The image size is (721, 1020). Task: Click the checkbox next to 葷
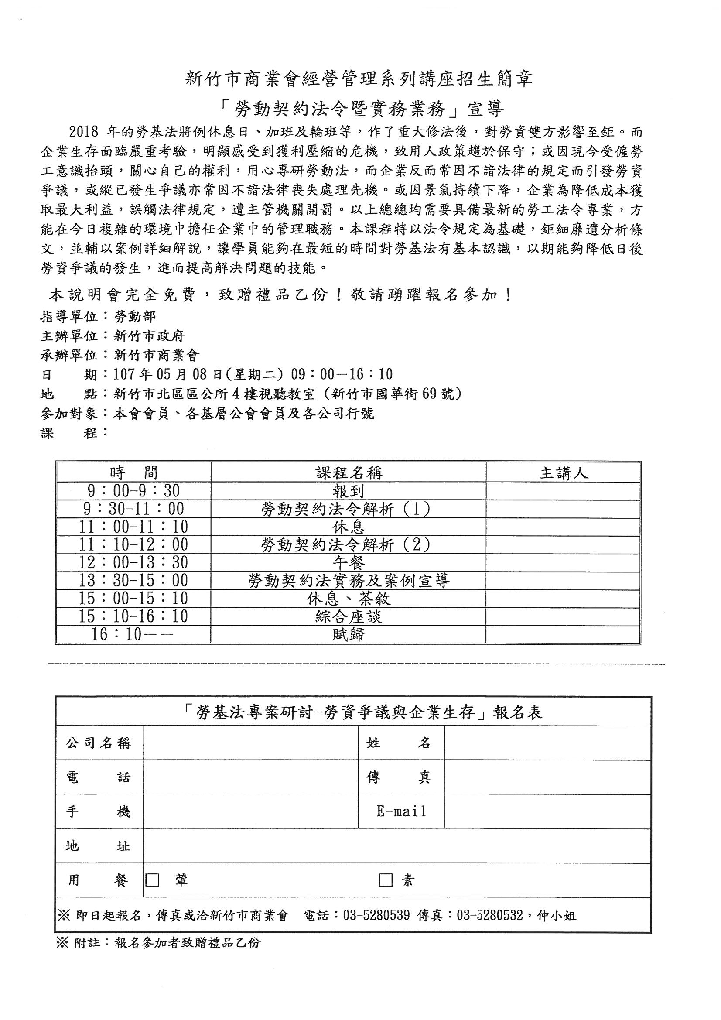152,880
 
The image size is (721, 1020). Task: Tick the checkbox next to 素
385,880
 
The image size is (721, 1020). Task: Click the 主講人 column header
564,473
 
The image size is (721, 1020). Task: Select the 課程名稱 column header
349,473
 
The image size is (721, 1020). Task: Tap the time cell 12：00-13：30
133,563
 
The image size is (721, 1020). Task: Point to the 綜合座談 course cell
349,616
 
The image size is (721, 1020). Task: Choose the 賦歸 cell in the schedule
349,634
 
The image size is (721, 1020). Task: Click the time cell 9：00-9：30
133,491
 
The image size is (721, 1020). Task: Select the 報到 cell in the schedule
349,491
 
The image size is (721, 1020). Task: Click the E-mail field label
401,811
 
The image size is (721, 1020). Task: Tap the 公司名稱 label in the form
99,743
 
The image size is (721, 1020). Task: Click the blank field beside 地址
397,846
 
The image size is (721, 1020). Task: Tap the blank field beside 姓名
547,743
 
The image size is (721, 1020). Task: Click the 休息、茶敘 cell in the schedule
349,599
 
